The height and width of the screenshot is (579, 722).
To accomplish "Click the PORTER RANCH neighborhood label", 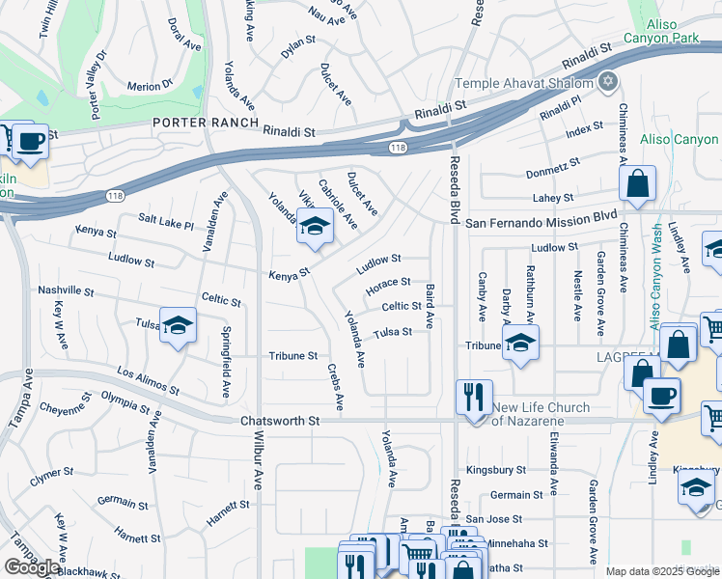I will [205, 123].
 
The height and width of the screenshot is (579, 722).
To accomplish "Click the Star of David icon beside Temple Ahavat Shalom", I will [608, 81].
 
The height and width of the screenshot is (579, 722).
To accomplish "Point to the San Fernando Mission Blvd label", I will [541, 221].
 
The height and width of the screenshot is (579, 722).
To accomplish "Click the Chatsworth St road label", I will [279, 421].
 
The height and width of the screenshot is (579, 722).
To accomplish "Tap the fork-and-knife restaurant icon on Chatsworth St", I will [474, 399].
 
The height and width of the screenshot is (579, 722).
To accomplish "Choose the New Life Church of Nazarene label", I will [541, 414].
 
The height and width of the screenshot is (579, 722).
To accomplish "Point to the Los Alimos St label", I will [148, 382].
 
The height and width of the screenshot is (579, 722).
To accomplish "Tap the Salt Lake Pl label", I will [166, 222].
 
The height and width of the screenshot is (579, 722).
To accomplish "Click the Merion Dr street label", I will [149, 87].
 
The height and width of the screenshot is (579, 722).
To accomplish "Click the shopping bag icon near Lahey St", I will [637, 184].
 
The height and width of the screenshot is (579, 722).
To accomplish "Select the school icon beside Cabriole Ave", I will [314, 228].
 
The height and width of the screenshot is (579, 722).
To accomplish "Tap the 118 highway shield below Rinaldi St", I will [398, 148].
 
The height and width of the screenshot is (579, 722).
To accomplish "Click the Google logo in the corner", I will [32, 567].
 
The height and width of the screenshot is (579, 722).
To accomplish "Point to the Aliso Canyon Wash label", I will [655, 277].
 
